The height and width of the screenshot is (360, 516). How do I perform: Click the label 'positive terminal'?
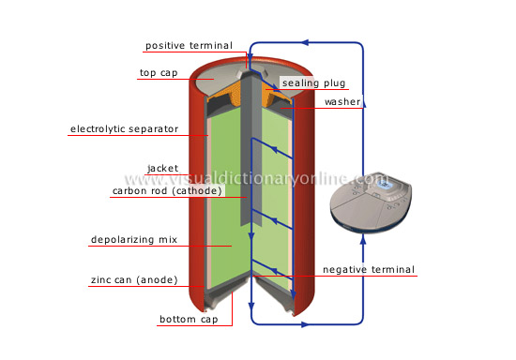tap(194, 46)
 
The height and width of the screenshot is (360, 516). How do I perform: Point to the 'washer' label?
tap(342, 101)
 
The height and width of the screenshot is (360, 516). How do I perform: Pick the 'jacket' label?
tap(162, 169)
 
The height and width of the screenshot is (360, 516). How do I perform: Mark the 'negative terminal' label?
tap(368, 270)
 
